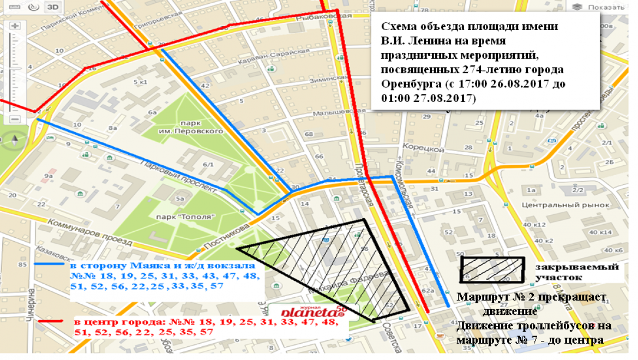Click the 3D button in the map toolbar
coord(52,7)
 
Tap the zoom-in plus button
coord(15,26)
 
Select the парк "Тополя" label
coord(178,217)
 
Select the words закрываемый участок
coord(576,272)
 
